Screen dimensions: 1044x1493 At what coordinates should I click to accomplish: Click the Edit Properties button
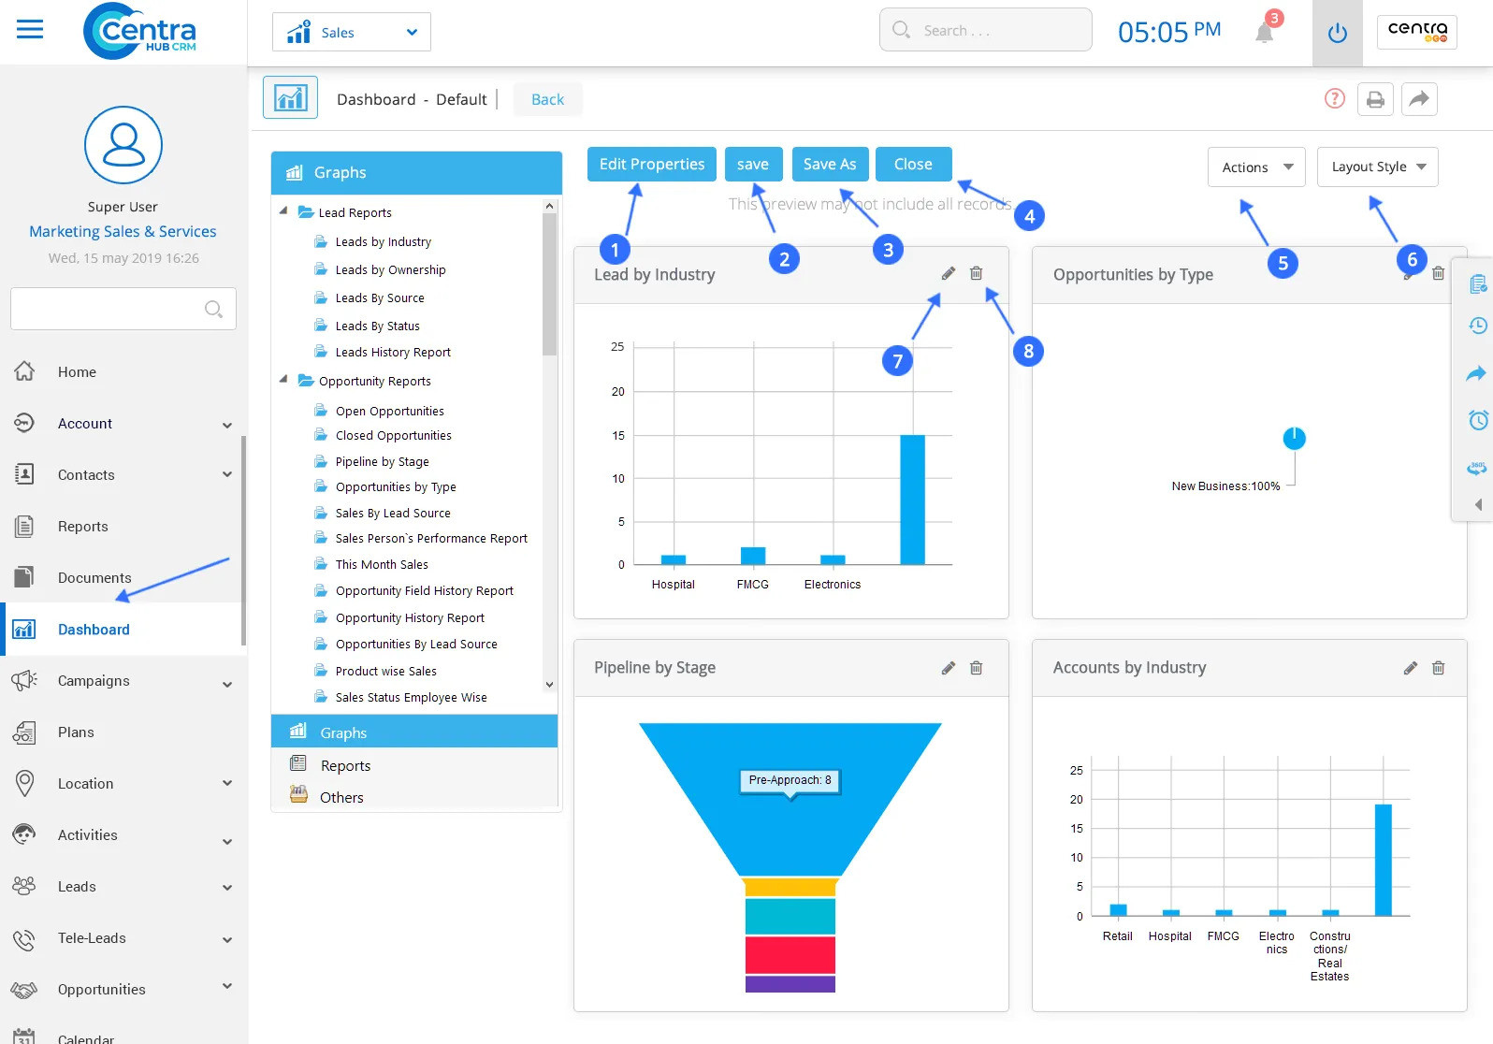[651, 165]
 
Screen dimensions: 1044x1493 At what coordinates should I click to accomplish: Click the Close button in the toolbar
[912, 165]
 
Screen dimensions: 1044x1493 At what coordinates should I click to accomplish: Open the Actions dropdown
[1255, 167]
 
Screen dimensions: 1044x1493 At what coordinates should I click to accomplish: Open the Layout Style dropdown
[1377, 167]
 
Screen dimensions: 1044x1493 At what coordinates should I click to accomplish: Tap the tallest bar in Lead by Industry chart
[912, 500]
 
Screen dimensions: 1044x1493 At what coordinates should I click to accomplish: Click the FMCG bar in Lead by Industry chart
[752, 556]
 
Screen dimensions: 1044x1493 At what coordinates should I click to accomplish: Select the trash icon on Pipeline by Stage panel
[976, 668]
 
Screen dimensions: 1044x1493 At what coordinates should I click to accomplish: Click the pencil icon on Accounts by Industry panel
[1410, 668]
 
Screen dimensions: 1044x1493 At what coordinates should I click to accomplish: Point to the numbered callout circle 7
[897, 361]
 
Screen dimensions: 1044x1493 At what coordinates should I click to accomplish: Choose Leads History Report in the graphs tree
[393, 353]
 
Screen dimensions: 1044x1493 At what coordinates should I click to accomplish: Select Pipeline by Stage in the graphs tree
[382, 462]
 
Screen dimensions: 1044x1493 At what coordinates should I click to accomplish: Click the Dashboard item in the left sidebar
[94, 630]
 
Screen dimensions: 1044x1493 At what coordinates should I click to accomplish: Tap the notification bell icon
[1264, 34]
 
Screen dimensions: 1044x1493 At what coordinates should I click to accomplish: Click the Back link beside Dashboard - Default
[547, 100]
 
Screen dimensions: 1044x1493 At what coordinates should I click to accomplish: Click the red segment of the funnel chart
[790, 955]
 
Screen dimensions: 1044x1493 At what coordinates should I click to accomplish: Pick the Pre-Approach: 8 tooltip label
[790, 780]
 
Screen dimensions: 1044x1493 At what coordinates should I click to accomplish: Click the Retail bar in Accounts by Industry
[1117, 910]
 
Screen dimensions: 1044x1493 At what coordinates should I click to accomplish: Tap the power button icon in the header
[1337, 34]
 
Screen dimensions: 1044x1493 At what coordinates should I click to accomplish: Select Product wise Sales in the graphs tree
[385, 672]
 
